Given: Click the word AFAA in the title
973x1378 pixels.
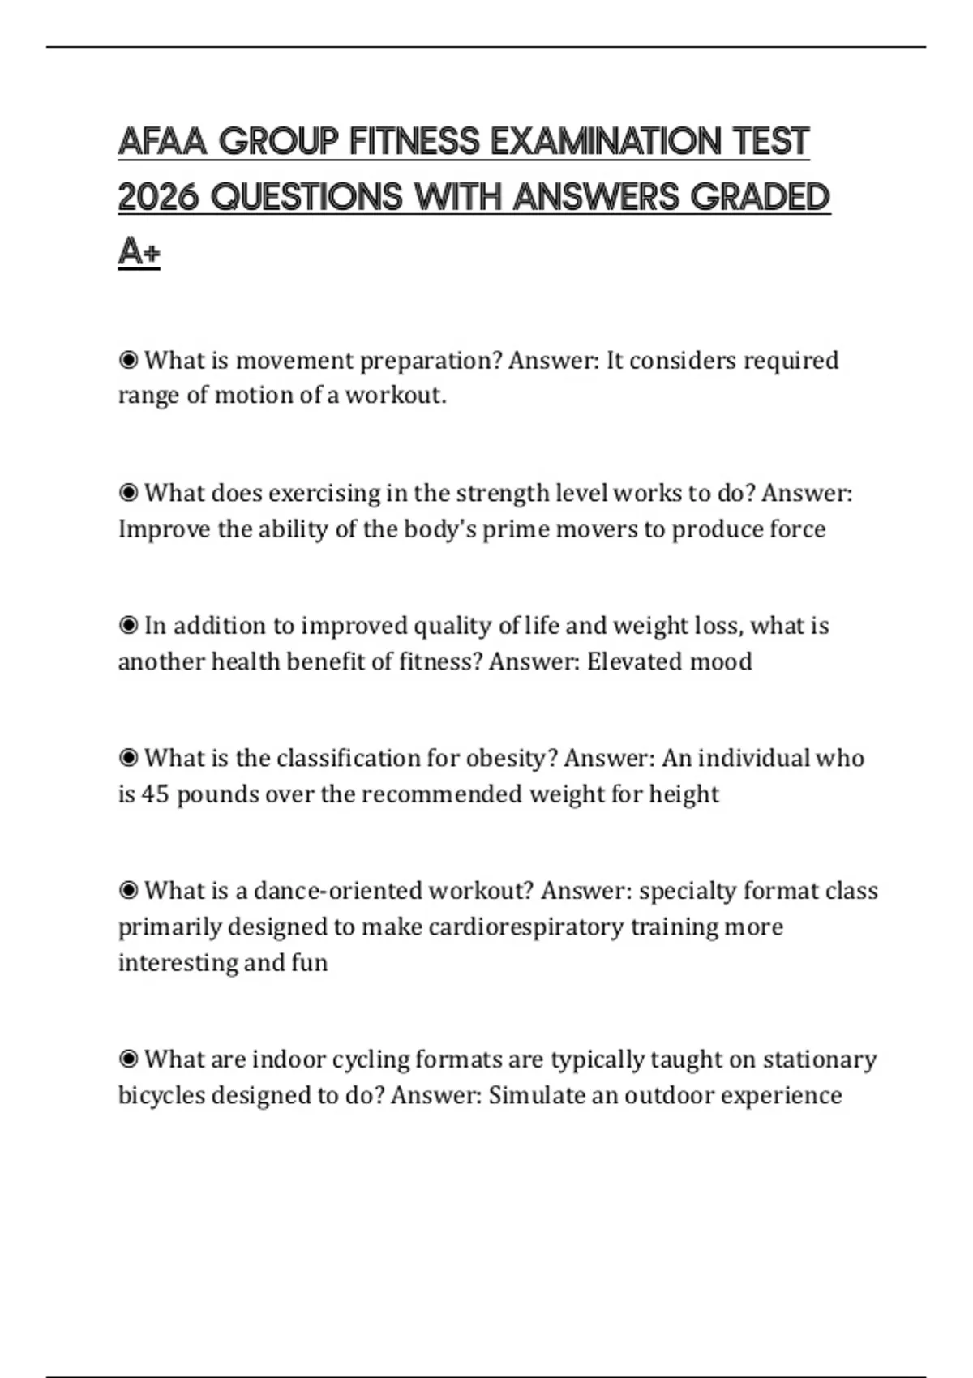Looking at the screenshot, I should click(165, 142).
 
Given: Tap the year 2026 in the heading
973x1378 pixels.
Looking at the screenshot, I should click(158, 197).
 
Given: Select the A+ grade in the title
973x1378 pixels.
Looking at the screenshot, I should click(139, 252).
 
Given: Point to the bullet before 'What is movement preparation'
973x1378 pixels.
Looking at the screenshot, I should click(128, 360).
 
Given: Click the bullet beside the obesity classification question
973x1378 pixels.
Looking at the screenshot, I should click(128, 758).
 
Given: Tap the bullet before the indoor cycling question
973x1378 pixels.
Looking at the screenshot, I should click(128, 1059).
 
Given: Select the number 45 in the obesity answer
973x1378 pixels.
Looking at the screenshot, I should click(155, 794).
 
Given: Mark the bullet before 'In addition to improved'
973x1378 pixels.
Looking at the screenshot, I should click(128, 626).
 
